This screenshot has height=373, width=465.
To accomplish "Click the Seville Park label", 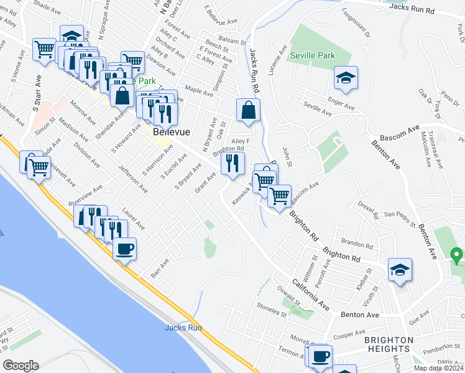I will click(313, 56).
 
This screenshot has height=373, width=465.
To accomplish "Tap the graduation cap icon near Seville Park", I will click(345, 79).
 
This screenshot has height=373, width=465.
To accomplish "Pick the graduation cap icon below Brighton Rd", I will click(400, 270).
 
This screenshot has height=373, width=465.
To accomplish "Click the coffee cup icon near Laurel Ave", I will click(124, 249).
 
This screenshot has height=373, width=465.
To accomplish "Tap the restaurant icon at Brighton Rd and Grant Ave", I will click(233, 164).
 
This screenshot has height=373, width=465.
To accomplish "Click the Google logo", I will click(20, 366).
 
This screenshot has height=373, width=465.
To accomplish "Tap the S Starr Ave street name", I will click(37, 94).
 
